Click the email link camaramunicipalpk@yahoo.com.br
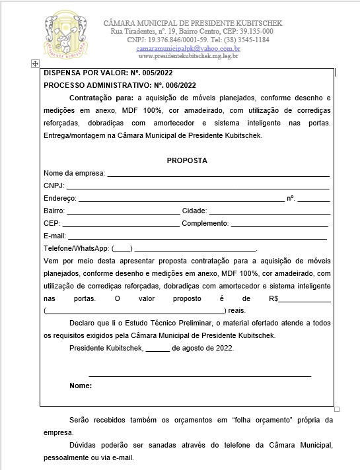(188, 49)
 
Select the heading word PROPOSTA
(187, 160)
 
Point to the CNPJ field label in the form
(54, 185)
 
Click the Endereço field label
(59, 198)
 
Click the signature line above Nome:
(199, 375)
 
